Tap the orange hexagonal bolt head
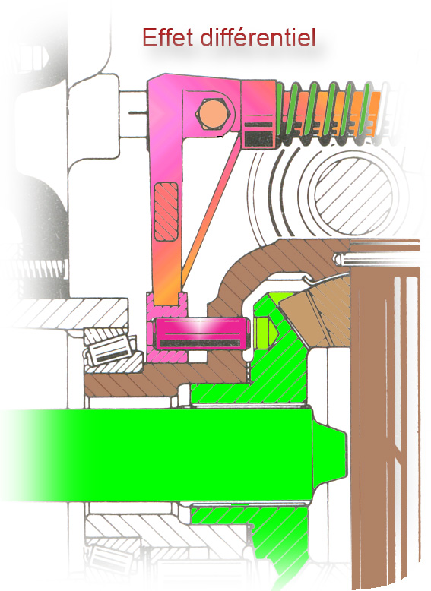click(212, 114)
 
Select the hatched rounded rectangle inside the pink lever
click(166, 212)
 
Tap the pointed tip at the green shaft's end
click(345, 455)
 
